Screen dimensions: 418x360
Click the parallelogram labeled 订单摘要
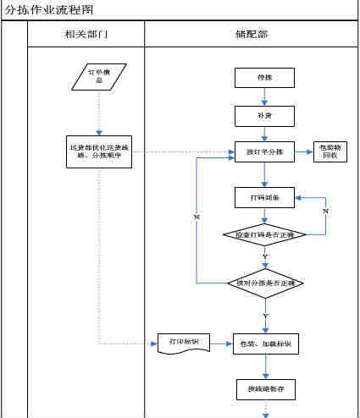[99, 77]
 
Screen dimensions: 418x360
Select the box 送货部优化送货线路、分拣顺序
[99, 151]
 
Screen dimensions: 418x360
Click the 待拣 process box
[264, 78]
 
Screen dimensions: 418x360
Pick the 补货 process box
[264, 113]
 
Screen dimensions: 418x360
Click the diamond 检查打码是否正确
[264, 234]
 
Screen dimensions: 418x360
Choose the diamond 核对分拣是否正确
[264, 283]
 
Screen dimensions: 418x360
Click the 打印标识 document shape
[183, 342]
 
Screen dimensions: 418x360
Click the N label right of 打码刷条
[325, 209]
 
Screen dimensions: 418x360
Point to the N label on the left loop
[197, 217]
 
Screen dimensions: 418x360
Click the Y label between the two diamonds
[265, 256]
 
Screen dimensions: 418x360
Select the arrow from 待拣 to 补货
[264, 96]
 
